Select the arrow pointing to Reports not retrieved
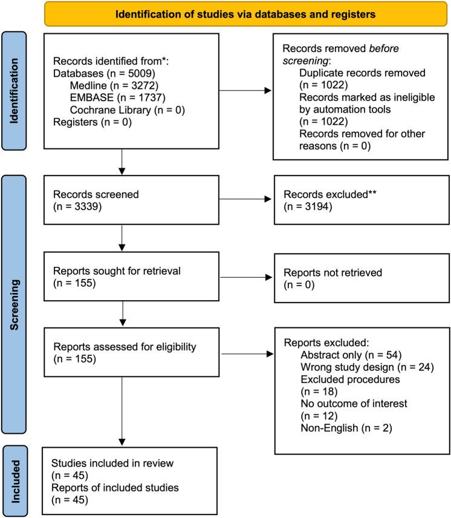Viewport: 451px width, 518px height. tap(243, 279)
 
